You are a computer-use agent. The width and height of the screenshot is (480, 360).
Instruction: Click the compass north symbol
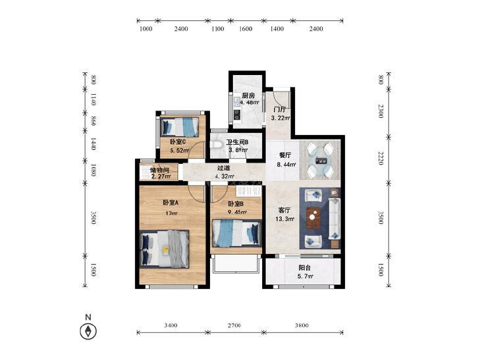(88, 331)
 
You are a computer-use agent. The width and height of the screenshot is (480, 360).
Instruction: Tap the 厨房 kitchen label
(248, 95)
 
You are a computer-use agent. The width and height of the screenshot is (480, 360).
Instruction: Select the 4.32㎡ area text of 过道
(225, 176)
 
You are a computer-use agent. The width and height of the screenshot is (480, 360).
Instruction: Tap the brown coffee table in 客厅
(314, 218)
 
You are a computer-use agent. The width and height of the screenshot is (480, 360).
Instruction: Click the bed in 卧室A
(165, 249)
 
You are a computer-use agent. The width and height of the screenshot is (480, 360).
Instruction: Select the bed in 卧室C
(180, 127)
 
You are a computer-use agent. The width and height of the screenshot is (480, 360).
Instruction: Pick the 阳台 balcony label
(305, 268)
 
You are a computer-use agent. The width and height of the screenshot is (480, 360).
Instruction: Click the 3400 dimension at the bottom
(171, 325)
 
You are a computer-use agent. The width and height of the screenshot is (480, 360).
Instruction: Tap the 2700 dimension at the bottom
(234, 325)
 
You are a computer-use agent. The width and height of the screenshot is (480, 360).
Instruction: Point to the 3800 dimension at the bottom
(302, 325)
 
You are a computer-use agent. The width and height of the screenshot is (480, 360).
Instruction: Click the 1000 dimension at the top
(146, 29)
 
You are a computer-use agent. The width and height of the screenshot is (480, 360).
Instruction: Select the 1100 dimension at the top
(218, 29)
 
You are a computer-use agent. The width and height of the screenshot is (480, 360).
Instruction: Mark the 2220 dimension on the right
(381, 158)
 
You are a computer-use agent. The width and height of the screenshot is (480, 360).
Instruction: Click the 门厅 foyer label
(280, 109)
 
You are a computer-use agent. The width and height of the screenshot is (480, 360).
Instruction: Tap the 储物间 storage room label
(159, 170)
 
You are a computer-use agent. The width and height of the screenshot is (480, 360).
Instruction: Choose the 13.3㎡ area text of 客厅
(285, 219)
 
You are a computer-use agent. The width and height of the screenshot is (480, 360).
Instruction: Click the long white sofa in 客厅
(334, 219)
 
